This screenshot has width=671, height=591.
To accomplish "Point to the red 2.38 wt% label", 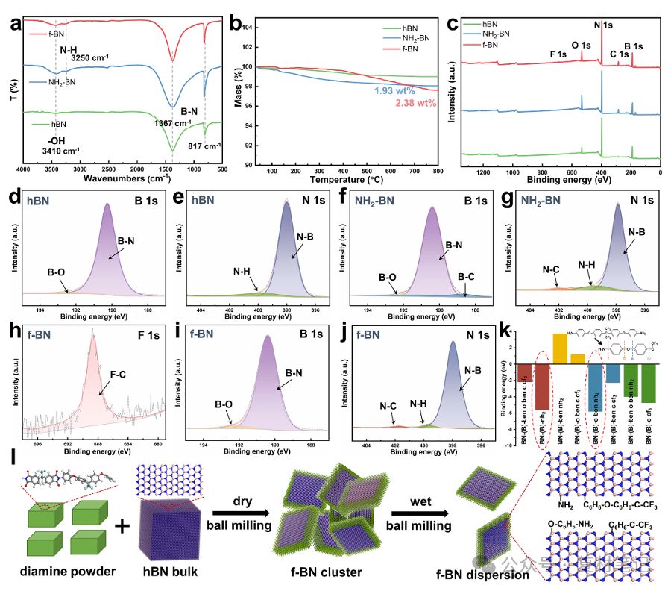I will [416, 103].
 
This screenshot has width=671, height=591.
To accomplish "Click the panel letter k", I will [505, 330].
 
